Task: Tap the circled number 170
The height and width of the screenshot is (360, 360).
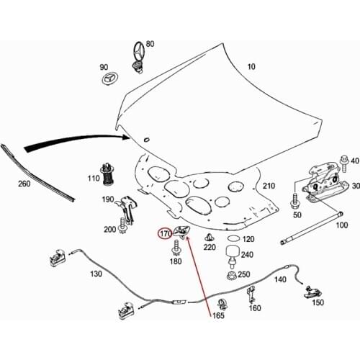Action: tap(165, 233)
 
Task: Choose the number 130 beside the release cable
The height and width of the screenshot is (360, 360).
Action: tap(96, 274)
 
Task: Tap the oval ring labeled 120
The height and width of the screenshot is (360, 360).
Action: tap(232, 238)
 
